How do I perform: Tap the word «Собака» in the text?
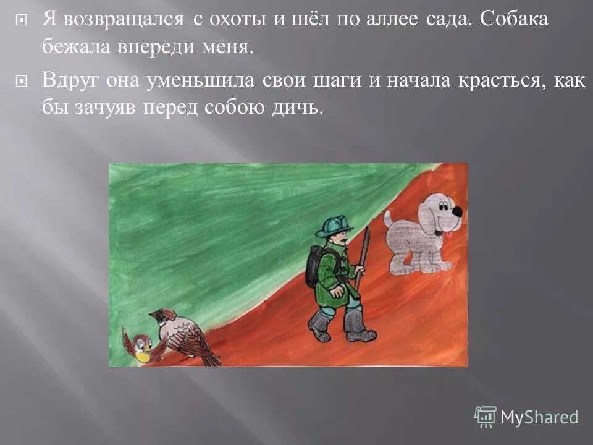point(512,20)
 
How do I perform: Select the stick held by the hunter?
point(363,256)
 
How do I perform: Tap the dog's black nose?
point(456,212)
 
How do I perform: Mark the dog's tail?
point(388,218)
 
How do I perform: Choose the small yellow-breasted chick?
point(137,346)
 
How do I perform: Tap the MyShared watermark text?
point(539,417)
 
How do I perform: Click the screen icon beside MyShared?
point(486,417)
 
